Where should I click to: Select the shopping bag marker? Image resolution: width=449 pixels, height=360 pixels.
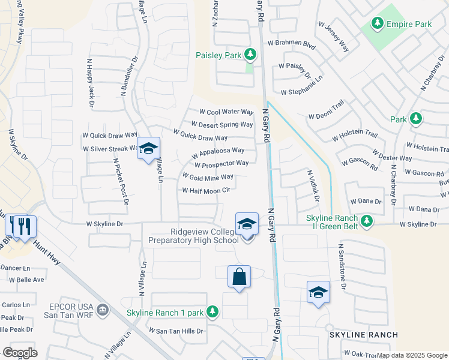239,277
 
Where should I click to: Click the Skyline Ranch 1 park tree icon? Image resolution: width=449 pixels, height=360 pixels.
211,311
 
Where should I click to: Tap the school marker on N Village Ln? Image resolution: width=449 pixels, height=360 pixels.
148,149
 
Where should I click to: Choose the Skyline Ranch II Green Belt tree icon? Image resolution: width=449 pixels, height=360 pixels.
366,221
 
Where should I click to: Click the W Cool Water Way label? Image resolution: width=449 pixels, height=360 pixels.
226,112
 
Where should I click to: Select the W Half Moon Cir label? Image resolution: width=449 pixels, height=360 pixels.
206,191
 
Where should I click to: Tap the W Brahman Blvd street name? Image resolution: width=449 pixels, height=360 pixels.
291,43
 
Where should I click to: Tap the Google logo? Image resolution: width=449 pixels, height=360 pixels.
20,352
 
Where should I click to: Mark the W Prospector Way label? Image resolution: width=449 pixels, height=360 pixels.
221,164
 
